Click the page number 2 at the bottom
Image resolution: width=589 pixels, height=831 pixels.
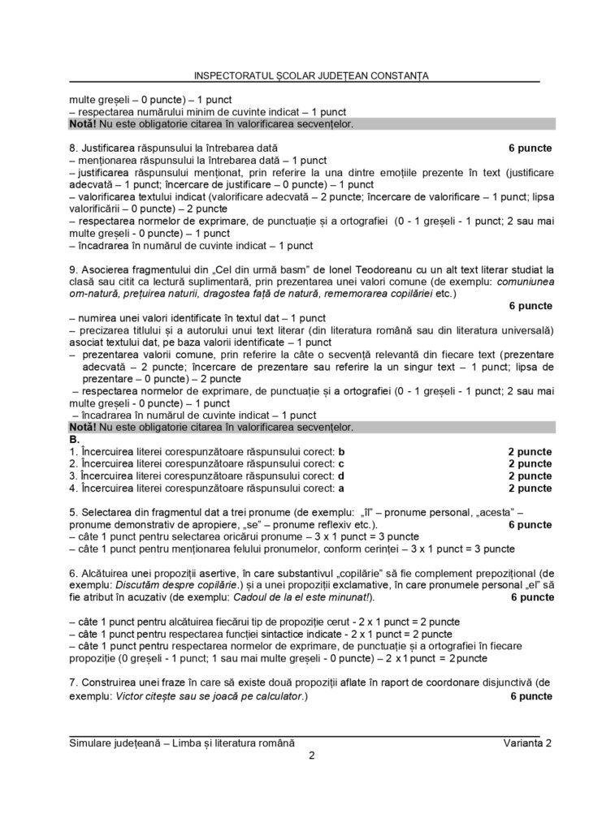(x=312, y=757)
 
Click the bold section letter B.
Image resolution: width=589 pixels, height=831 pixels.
(x=74, y=439)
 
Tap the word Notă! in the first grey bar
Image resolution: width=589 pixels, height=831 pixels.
(x=83, y=124)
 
